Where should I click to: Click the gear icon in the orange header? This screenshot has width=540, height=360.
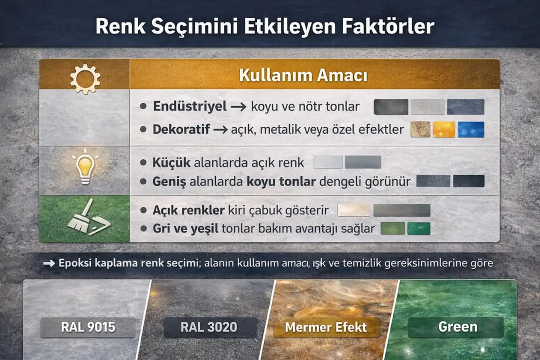(84, 78)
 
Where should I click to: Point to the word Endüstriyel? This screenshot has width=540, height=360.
(189, 106)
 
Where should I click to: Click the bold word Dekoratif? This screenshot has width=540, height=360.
(181, 129)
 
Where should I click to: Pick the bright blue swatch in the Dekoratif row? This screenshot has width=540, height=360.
(471, 129)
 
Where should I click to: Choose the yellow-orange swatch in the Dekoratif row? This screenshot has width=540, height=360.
(444, 129)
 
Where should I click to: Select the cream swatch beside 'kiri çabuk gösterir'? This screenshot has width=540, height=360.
(353, 210)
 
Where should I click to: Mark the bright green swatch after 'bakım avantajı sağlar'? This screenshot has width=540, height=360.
(418, 228)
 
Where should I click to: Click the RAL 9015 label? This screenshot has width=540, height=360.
(88, 327)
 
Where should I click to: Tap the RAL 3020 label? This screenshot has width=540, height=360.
(210, 327)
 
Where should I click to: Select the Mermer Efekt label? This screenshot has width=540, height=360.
(326, 327)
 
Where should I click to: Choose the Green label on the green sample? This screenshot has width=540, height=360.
(457, 327)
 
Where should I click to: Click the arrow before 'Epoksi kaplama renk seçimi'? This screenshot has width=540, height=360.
(49, 263)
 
